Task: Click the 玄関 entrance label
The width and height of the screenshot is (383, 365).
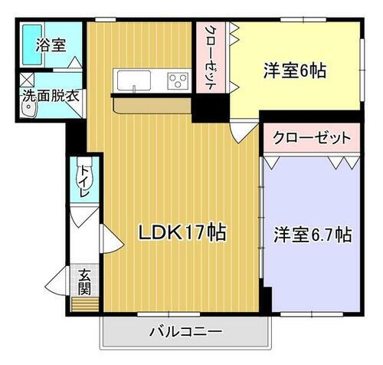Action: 83,281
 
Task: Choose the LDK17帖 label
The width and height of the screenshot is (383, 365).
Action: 182,232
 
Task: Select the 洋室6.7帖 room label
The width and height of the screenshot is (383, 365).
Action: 313,235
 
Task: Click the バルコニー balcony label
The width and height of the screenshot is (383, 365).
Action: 185,333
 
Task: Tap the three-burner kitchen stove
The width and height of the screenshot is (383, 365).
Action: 177,79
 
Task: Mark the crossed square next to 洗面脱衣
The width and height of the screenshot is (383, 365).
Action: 25,78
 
